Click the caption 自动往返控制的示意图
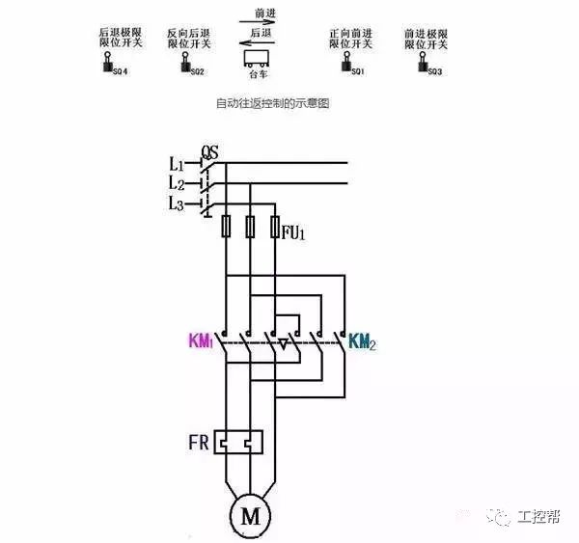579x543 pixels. (273, 103)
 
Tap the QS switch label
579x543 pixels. (209, 152)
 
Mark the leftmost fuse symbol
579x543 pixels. (226, 227)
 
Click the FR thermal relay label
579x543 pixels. (199, 446)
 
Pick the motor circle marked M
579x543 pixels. (251, 516)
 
